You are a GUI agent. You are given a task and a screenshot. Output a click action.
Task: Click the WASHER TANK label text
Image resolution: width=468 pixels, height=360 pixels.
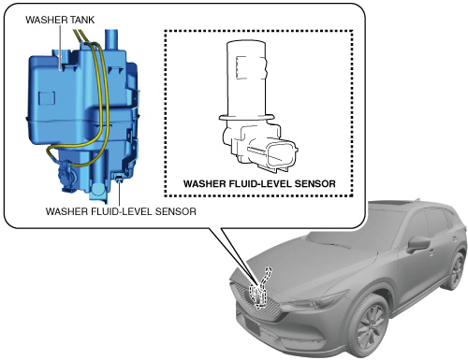[60, 20]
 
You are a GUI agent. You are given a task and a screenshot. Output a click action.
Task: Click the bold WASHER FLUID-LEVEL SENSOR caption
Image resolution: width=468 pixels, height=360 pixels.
[259, 183]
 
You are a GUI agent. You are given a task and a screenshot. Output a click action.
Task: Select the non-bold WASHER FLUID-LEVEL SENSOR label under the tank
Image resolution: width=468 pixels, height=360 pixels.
[121, 211]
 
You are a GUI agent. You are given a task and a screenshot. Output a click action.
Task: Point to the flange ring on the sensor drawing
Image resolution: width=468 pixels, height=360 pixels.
[246, 117]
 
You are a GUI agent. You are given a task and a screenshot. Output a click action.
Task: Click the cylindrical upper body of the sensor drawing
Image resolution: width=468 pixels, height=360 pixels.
[246, 78]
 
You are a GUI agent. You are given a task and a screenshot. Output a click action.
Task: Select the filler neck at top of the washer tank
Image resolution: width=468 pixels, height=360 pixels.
[110, 39]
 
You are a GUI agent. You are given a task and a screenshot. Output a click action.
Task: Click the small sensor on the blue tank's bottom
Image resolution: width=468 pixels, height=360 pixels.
[119, 179]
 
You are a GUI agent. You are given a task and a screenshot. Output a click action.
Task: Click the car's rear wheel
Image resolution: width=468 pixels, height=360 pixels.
[457, 270]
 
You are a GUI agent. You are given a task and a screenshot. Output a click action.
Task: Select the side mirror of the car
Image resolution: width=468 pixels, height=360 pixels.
[417, 244]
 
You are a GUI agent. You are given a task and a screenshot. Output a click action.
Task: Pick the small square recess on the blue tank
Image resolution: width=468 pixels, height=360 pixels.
[47, 98]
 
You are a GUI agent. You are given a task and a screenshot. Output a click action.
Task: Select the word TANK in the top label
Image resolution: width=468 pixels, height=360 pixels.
[82, 20]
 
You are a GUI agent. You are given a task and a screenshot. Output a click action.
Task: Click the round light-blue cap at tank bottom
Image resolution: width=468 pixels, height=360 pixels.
[99, 189]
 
